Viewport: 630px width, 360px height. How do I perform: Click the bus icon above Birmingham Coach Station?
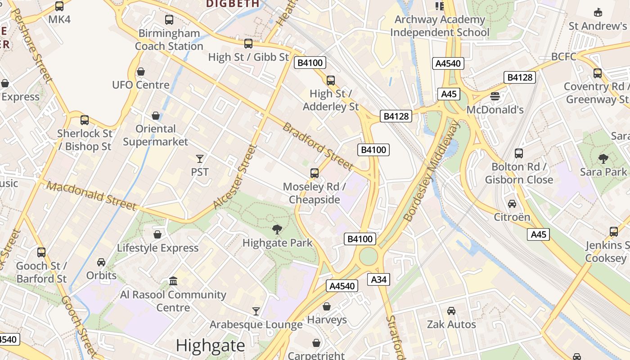[169, 20]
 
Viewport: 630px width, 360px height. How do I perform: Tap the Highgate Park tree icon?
[277, 229]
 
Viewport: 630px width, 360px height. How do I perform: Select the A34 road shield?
[378, 279]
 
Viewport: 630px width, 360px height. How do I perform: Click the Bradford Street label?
[318, 146]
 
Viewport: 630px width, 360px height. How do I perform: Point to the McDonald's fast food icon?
[495, 96]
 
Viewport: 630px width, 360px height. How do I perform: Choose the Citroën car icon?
[512, 204]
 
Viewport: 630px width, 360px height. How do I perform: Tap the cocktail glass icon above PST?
[200, 158]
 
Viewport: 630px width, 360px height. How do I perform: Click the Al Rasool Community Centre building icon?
[173, 281]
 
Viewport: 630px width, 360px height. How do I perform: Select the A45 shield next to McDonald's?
[449, 94]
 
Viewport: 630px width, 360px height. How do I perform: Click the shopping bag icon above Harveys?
[327, 306]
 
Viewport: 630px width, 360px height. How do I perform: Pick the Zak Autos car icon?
[451, 311]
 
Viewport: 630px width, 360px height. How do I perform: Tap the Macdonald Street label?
[91, 196]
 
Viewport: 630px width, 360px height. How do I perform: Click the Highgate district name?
[210, 346]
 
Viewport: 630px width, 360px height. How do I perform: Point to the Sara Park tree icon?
[603, 158]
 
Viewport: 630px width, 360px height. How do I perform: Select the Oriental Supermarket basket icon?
[156, 116]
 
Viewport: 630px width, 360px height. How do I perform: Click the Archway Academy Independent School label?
[440, 26]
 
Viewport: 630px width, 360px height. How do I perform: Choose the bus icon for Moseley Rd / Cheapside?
[315, 173]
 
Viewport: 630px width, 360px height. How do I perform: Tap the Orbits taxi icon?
[101, 262]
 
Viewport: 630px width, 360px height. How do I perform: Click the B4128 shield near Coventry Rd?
[520, 77]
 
